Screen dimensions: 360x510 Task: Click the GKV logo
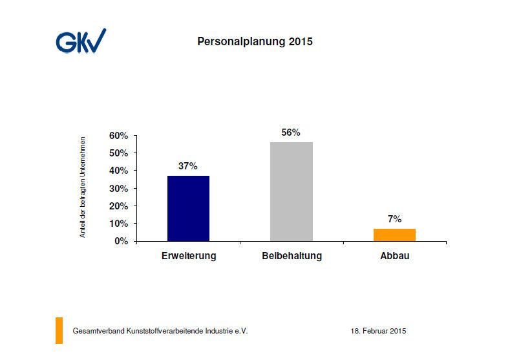click(x=80, y=41)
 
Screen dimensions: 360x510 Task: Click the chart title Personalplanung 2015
click(x=254, y=42)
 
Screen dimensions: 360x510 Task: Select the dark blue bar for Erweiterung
click(x=188, y=208)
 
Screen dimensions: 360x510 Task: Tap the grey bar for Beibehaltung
click(x=291, y=191)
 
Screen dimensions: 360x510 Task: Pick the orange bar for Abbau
click(x=394, y=235)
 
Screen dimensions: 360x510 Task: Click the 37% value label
click(x=188, y=166)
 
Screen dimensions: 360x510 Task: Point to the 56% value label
click(x=291, y=132)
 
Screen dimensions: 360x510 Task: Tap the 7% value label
click(x=394, y=219)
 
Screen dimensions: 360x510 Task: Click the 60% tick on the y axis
click(x=119, y=136)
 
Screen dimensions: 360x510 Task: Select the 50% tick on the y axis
click(x=119, y=153)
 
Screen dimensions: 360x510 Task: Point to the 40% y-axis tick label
click(x=119, y=171)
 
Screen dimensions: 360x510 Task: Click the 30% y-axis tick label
click(x=119, y=189)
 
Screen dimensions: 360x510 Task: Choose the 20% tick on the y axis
click(x=119, y=206)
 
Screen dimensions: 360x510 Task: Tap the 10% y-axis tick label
click(x=119, y=224)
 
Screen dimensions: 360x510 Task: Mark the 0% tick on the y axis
click(x=122, y=241)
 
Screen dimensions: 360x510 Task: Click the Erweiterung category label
click(x=188, y=256)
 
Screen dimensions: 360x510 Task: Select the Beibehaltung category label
click(x=292, y=256)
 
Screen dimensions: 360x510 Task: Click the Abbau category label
click(x=394, y=256)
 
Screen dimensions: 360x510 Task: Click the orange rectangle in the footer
click(x=59, y=330)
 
